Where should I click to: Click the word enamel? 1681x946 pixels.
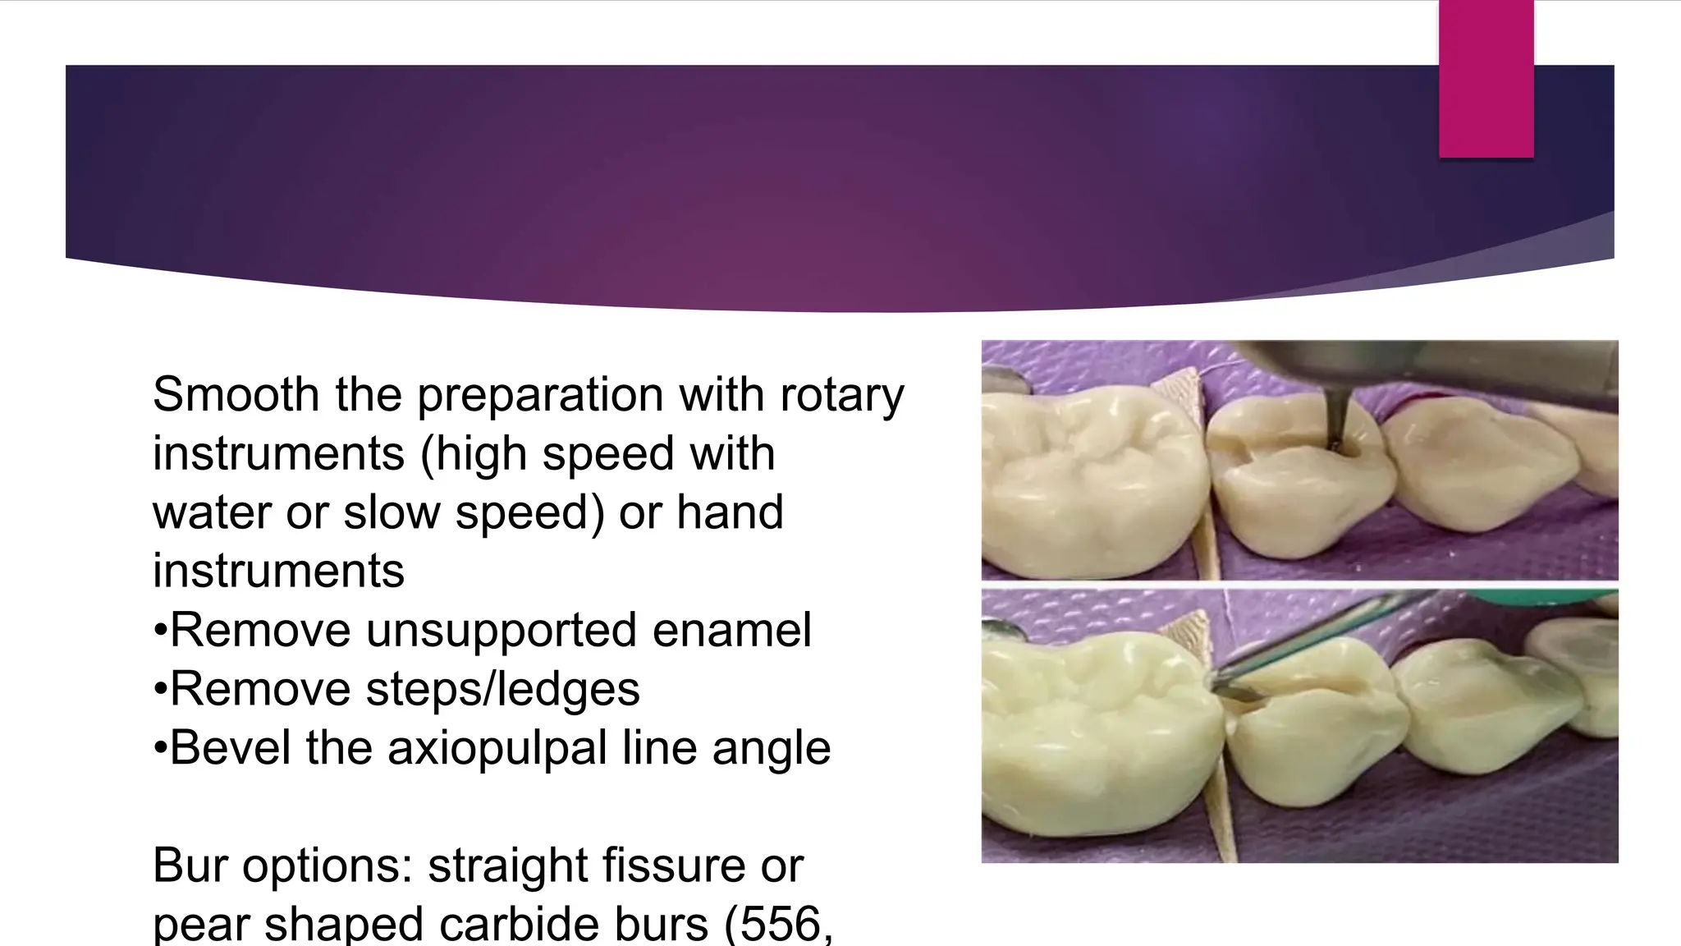coord(731,631)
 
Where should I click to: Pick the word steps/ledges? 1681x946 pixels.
coord(502,690)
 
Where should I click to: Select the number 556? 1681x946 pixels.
coord(780,925)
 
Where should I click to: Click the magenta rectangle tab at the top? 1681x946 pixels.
coord(1486,79)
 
